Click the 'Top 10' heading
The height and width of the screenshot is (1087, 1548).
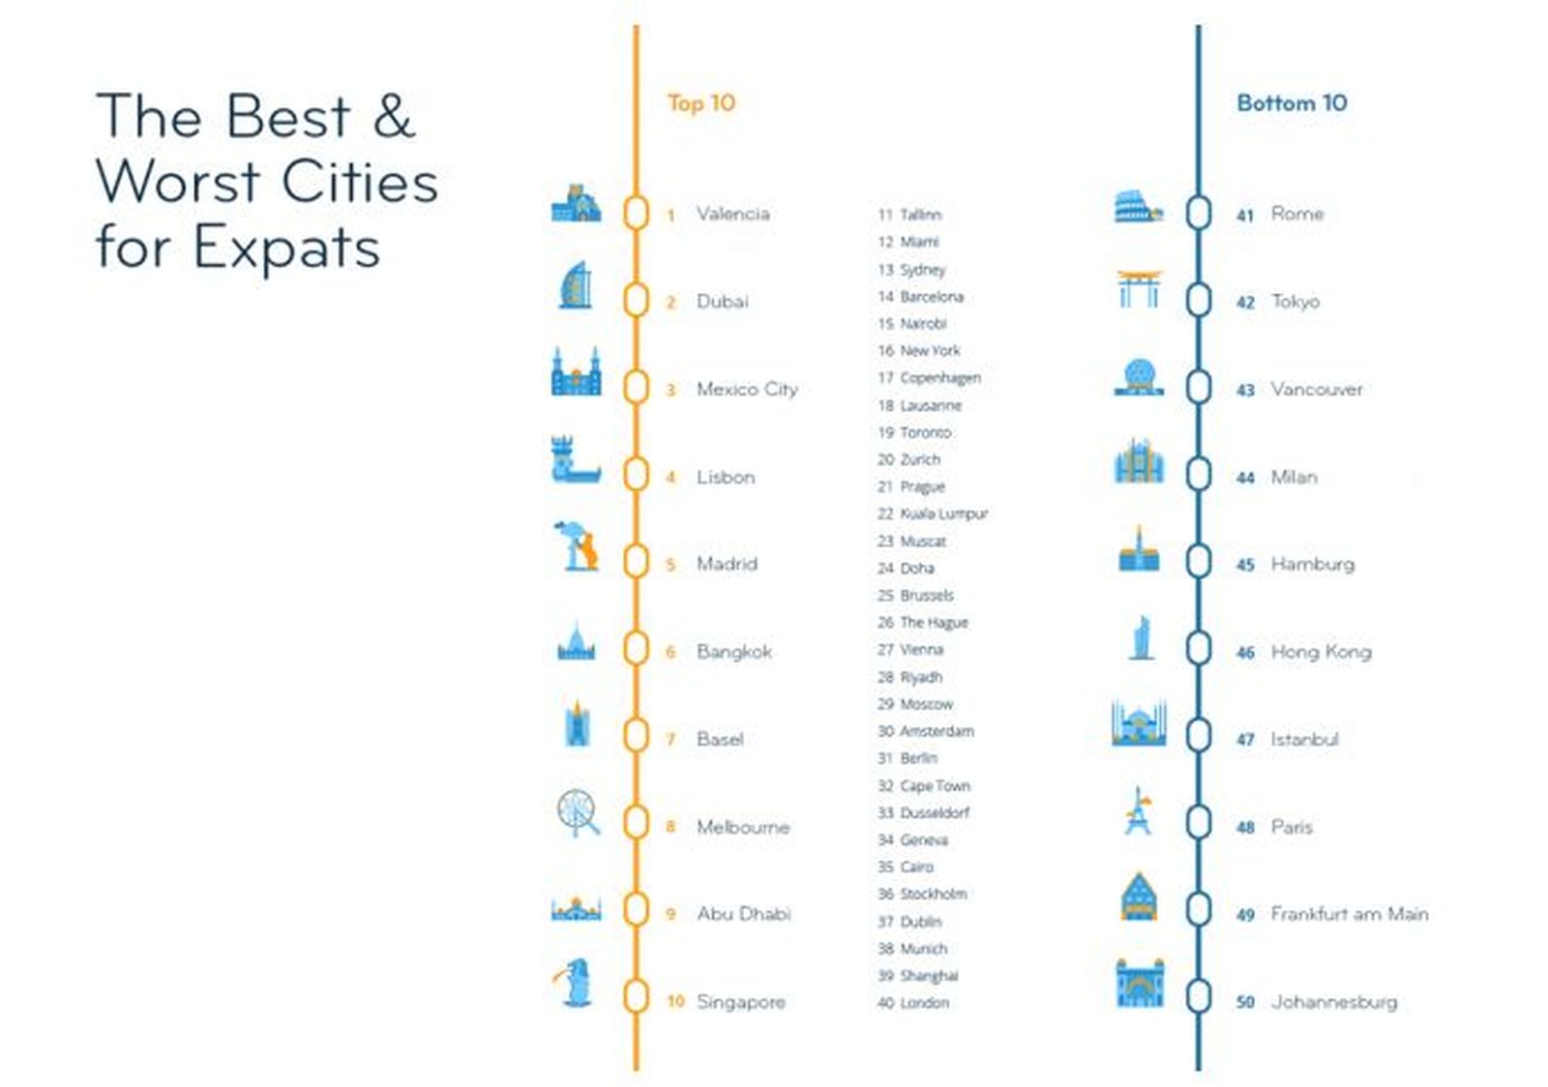(x=700, y=103)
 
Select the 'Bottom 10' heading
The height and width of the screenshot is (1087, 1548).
(x=1292, y=103)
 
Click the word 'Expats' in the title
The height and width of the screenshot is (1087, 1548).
(x=286, y=248)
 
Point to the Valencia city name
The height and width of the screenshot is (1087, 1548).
(x=732, y=214)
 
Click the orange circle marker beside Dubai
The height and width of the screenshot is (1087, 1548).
(x=636, y=301)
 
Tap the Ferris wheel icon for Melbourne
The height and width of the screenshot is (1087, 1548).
(x=578, y=813)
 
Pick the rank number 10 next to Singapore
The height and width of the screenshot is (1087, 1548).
(x=675, y=1001)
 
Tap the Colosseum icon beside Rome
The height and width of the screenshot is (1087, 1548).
(x=1139, y=207)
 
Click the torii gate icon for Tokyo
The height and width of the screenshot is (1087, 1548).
(x=1139, y=288)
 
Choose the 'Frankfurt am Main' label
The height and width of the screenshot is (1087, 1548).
(x=1350, y=914)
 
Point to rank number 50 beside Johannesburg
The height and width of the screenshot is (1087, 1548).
(x=1245, y=1002)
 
